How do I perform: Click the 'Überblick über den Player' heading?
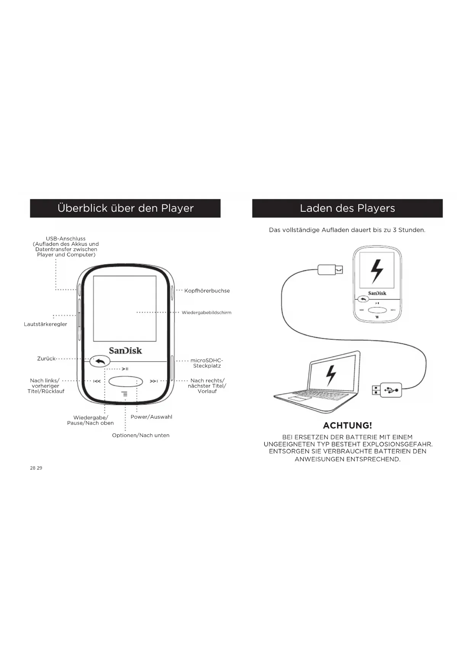tap(125, 208)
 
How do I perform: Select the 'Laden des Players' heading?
tap(347, 208)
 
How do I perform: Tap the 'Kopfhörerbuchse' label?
tap(207, 291)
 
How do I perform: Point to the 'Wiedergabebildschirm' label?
tap(206, 313)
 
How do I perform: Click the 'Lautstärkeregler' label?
tap(45, 324)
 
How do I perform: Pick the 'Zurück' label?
tap(46, 359)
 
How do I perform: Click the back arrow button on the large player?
tap(100, 361)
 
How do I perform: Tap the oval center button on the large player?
tap(125, 381)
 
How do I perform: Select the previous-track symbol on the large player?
tap(97, 381)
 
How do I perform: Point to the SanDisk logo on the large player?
tap(125, 351)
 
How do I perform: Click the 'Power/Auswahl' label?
tap(151, 417)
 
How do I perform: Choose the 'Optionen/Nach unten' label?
tap(141, 435)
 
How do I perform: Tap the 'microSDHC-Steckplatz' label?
tap(207, 363)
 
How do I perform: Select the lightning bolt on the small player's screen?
tap(377, 271)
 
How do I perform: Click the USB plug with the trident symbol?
tap(387, 390)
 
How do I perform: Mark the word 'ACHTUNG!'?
tap(347, 425)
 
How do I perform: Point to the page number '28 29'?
tap(36, 468)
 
